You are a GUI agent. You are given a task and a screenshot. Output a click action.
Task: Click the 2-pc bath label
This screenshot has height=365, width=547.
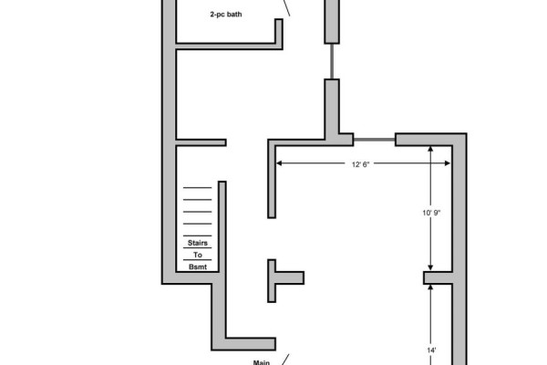coord(226,15)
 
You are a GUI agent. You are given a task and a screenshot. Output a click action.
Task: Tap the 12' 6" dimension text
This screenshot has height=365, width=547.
coord(360,164)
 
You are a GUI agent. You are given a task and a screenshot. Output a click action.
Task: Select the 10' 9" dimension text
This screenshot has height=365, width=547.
coord(431,213)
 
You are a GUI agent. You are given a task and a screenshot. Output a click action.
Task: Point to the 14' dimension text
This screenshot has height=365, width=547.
coord(431,350)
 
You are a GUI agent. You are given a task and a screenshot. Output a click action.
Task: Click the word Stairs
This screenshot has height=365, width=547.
coord(198,243)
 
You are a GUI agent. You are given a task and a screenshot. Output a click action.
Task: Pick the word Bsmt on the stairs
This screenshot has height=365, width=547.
coord(198,266)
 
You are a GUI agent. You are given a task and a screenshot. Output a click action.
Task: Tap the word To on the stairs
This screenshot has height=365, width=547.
coord(198,255)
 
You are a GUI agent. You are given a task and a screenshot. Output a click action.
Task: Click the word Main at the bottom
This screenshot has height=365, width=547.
coord(262,362)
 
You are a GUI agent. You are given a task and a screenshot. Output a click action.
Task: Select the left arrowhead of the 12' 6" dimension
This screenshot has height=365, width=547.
coord(279,163)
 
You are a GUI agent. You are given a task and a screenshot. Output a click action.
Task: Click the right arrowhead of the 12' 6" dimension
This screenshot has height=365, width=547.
coord(448,163)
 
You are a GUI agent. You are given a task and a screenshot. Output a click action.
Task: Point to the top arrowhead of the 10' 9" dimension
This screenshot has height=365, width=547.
coord(430,149)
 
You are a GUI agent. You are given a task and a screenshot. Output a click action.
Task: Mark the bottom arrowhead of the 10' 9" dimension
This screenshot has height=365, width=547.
coord(430,268)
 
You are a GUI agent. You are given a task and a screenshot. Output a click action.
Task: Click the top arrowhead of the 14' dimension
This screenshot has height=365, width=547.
coord(430,287)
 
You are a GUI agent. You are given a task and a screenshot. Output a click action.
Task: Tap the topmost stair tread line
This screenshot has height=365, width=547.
coord(198,188)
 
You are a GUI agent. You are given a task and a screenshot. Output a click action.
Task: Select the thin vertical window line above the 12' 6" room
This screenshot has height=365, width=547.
coord(332,61)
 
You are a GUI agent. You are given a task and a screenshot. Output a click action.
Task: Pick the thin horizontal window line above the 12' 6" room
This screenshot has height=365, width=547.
coord(375,140)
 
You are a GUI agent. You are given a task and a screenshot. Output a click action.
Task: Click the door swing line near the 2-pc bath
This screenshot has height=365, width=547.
coord(286,7)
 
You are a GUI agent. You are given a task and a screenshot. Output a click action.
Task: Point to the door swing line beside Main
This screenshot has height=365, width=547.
coord(285,360)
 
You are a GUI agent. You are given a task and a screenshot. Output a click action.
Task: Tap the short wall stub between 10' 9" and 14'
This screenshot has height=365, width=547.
coord(439,278)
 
